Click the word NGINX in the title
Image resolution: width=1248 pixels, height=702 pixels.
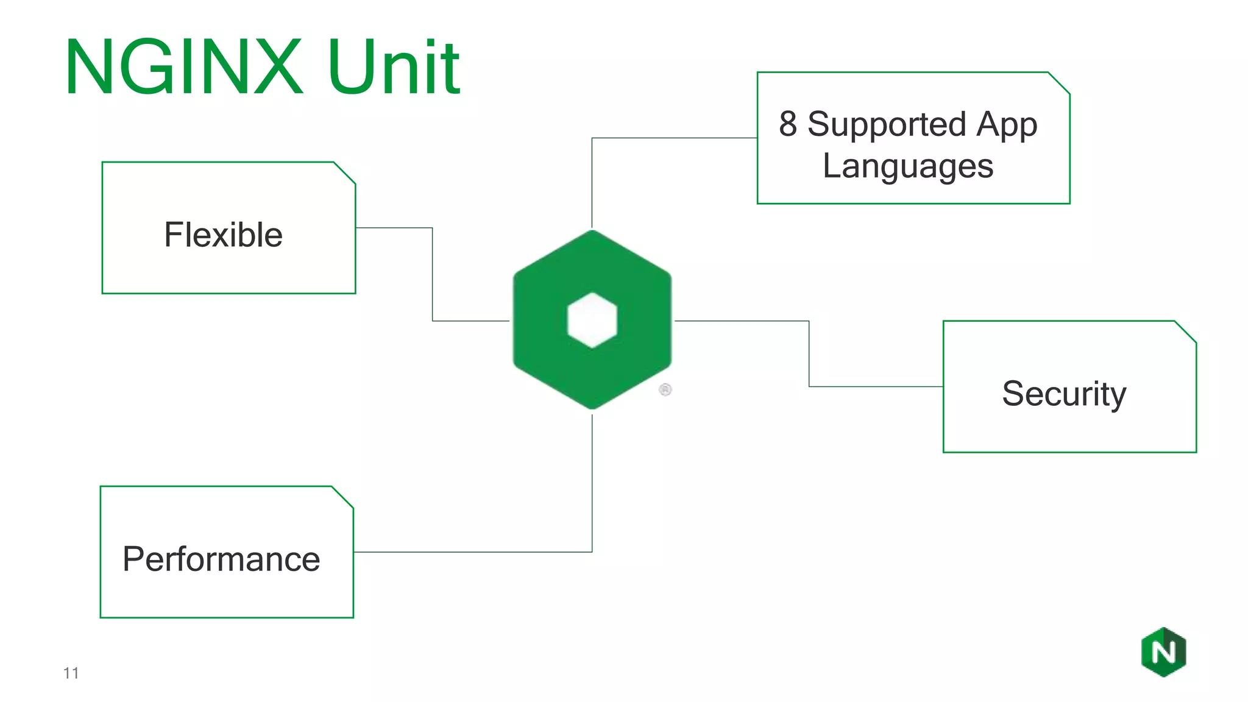[x=183, y=67]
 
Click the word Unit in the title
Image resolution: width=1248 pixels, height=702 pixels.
[x=394, y=67]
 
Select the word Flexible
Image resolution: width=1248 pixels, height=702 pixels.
[x=223, y=235]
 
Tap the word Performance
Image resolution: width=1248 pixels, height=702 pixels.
[x=221, y=559]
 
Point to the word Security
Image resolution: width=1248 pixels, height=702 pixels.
[x=1064, y=394]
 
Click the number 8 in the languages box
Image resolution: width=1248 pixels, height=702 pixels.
[x=787, y=124]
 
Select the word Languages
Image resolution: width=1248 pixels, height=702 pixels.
[x=908, y=166]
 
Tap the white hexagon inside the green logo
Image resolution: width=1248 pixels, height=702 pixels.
[x=592, y=320]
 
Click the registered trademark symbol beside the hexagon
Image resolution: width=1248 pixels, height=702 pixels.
[x=665, y=389]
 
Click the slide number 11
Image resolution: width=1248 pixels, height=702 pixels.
[x=71, y=673]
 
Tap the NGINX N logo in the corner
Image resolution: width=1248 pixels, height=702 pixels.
[x=1163, y=652]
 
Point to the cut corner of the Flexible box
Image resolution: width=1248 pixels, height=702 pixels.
[x=345, y=172]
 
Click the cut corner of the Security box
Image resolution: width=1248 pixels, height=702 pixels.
[x=1186, y=331]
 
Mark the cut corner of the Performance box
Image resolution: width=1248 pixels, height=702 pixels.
[x=343, y=497]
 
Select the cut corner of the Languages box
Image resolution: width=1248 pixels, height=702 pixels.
[x=1059, y=83]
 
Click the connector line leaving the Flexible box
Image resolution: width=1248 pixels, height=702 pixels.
[x=394, y=228]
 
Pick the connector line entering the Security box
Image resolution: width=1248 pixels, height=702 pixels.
[x=877, y=386]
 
